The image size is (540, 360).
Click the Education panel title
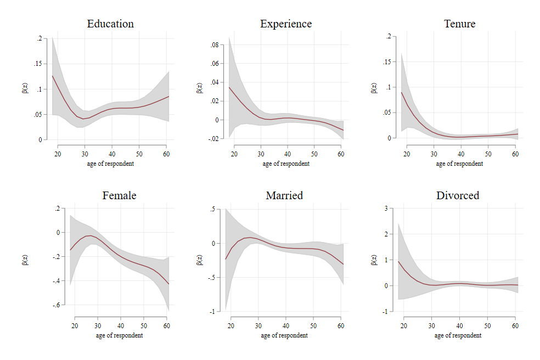110,24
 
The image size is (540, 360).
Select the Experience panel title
285,24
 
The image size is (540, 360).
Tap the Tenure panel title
459,24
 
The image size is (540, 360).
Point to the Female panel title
119,195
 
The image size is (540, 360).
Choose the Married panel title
284,195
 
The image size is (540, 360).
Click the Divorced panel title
458,195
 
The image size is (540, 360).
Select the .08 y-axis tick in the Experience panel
214,45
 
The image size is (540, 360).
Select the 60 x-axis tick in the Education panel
166,154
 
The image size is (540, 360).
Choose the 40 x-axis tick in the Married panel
285,325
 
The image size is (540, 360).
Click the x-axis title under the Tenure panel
460,164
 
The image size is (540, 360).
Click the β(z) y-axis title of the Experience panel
199,88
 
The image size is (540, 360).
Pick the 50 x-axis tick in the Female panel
144,325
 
